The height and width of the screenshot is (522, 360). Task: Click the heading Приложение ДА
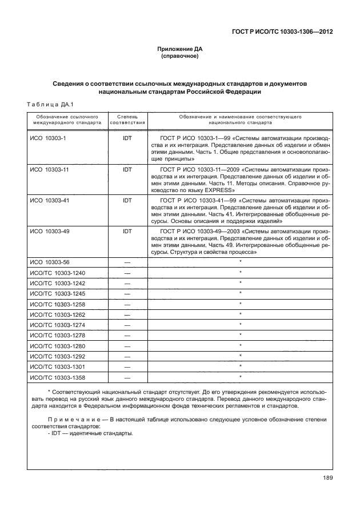[x=180, y=49]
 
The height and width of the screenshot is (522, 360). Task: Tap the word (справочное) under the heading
[x=180, y=57]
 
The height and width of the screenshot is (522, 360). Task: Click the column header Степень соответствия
[x=127, y=119]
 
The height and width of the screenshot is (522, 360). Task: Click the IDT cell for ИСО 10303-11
[x=127, y=170]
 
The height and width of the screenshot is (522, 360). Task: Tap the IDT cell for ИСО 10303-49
[x=127, y=232]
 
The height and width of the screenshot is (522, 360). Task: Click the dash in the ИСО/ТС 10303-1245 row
[x=127, y=293]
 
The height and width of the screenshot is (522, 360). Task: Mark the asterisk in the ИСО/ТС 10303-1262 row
[x=241, y=314]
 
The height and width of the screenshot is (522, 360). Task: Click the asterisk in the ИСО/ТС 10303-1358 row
[x=241, y=376]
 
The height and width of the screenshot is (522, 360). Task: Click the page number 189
[x=327, y=479]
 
